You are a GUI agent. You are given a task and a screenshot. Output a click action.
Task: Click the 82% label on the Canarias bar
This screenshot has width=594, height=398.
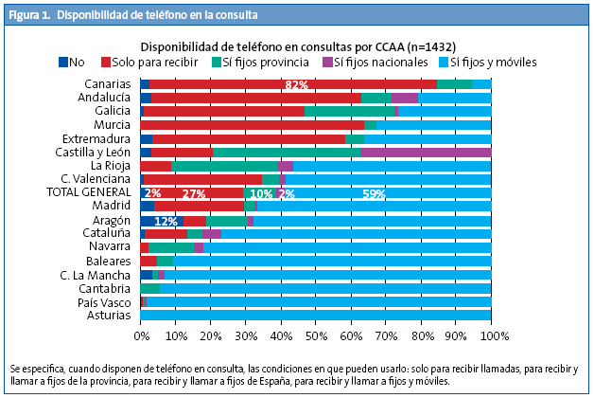pos(297,85)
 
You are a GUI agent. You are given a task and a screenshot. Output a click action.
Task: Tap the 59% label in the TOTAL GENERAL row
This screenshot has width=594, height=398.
pos(374,193)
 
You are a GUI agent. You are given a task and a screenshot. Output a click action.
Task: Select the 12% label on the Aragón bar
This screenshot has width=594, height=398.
pos(166,221)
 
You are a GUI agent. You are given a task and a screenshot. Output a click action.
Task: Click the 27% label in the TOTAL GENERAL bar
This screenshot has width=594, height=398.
pos(194,193)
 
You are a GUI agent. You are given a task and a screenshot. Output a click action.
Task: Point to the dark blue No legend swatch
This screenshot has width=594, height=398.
pos(63,63)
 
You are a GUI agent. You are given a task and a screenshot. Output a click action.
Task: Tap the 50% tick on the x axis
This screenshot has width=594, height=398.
pos(316,335)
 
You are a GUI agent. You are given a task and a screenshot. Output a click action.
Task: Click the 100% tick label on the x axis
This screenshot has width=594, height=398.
pos(490,335)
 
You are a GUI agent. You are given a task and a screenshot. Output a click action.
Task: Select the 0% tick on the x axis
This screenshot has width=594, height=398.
pos(141,335)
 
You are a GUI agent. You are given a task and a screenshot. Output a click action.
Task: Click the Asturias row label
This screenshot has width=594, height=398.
pos(109,316)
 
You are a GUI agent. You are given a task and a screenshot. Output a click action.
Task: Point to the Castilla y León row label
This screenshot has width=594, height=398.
pos(91,152)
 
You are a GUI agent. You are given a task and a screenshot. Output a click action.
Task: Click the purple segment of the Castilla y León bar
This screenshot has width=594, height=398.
pos(426,152)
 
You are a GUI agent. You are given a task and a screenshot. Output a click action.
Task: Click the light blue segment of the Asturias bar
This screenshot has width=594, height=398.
pos(316,316)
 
